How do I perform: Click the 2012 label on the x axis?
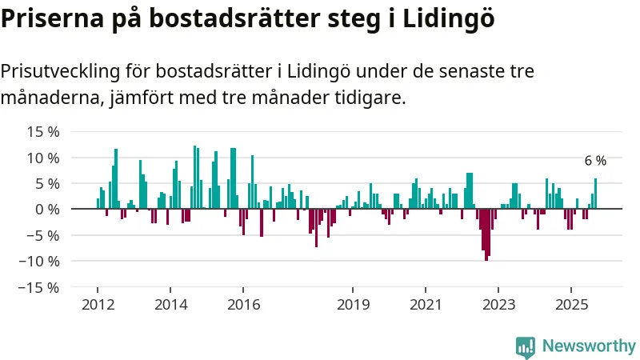tap(97, 304)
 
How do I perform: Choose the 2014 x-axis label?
tap(170, 304)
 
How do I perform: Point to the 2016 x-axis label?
tap(244, 304)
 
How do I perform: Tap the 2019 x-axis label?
tap(353, 304)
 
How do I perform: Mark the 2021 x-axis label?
tap(426, 304)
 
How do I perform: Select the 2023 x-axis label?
tap(498, 304)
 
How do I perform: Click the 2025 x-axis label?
tap(571, 304)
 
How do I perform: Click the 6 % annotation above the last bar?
tap(595, 161)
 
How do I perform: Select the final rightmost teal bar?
tap(595, 194)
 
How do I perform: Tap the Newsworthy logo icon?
tap(526, 346)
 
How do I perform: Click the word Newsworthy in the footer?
tap(588, 346)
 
